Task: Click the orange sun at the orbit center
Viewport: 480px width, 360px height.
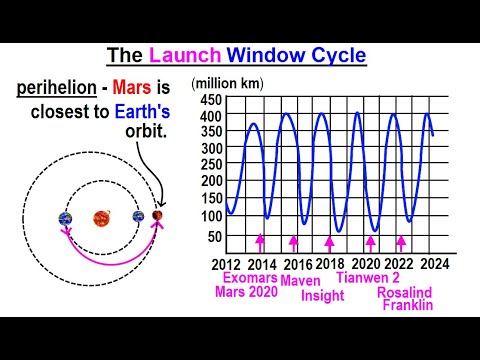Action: click(x=102, y=218)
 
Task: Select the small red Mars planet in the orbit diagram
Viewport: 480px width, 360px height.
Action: click(x=157, y=217)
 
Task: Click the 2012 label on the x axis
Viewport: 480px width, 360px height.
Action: click(x=226, y=263)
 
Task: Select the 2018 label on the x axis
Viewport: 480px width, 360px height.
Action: click(x=331, y=263)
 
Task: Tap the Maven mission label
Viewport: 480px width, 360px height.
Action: click(x=300, y=281)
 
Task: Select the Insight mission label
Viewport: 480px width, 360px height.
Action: click(x=322, y=295)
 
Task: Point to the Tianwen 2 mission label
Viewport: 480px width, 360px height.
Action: click(x=368, y=278)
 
